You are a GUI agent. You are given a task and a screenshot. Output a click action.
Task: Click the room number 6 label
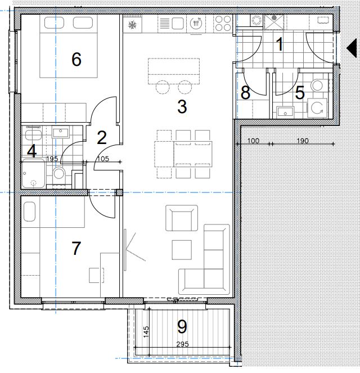click(76, 59)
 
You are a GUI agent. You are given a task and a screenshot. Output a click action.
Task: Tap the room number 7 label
click(76, 248)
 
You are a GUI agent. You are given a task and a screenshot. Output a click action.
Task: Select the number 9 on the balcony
click(182, 327)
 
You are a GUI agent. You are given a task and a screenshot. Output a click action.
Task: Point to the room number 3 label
click(182, 106)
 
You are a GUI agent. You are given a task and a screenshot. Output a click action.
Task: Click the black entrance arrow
click(352, 48)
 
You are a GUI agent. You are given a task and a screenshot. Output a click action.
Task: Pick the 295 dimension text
click(183, 344)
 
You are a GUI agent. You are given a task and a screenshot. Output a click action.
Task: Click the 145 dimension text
click(146, 331)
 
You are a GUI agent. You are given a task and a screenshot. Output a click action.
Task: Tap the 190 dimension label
click(303, 141)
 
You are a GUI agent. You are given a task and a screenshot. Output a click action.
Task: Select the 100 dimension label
click(253, 141)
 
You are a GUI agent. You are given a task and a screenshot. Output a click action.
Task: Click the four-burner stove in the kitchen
click(223, 23)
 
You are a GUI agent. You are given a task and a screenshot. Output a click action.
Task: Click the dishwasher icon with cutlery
click(196, 23)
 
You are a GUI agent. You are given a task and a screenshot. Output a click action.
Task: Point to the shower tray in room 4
click(33, 173)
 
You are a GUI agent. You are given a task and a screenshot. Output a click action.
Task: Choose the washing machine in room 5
click(317, 108)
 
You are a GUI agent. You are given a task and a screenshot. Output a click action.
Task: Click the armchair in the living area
click(182, 218)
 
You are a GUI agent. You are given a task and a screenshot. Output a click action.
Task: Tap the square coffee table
click(182, 250)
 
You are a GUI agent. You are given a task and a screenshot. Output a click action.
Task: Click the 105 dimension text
click(103, 159)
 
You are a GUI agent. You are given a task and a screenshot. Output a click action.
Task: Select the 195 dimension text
click(52, 159)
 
